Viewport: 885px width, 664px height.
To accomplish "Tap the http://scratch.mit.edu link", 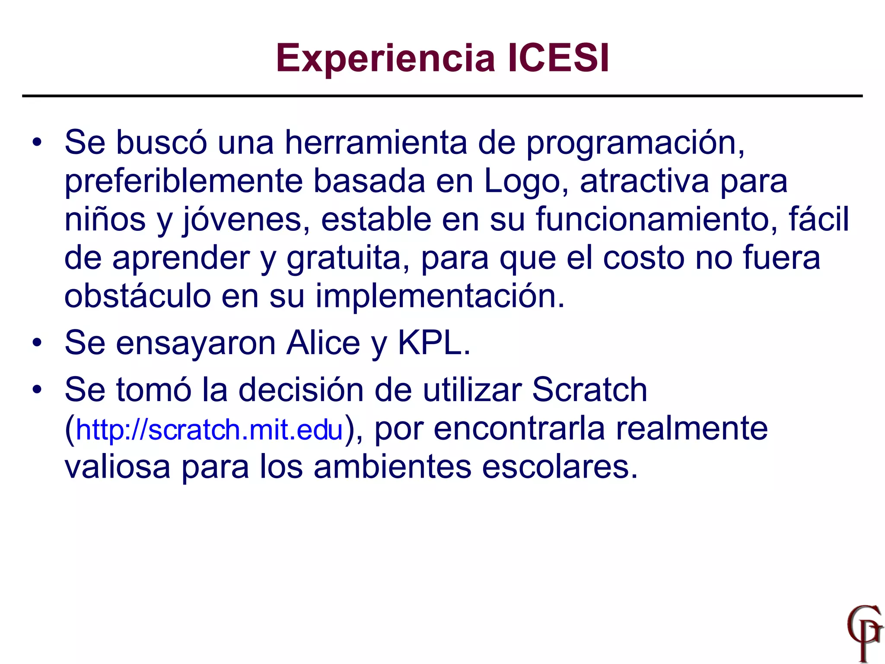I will pos(209,430).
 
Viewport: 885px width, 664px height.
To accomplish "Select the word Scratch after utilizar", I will pos(589,390).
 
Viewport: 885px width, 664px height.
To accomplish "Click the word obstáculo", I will pos(137,297).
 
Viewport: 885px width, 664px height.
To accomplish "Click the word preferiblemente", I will pos(183,182).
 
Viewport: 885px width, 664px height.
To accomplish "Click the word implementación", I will pos(439,297).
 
